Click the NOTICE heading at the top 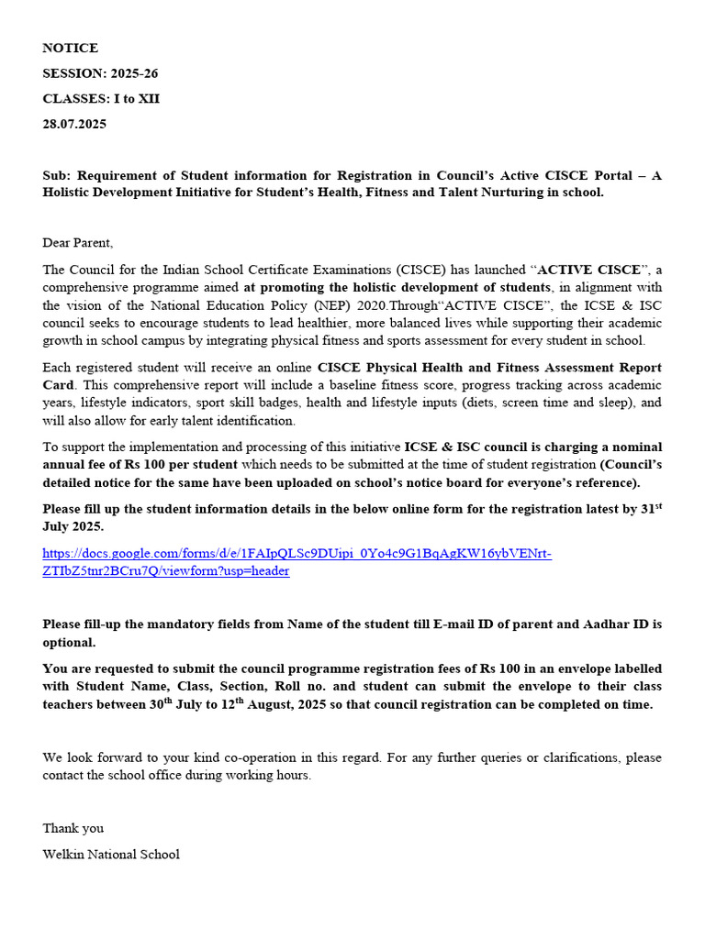tap(70, 48)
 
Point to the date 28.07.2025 tap(74, 124)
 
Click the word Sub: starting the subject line tap(57, 175)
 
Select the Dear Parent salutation tap(77, 243)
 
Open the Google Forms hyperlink tap(297, 562)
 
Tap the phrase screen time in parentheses tap(539, 403)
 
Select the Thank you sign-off tap(73, 828)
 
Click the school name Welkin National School tap(111, 854)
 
